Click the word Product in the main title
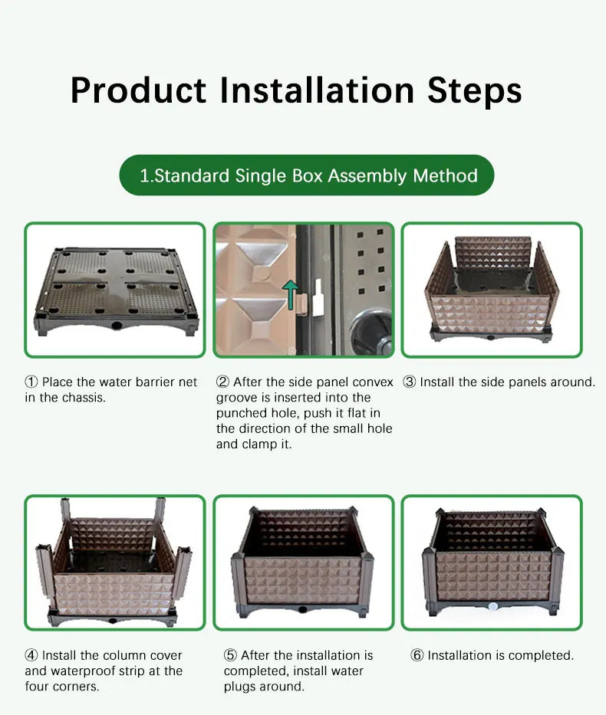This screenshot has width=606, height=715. tap(138, 90)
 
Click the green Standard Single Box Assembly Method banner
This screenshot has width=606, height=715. tap(307, 175)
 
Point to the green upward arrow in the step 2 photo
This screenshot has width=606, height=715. tap(291, 294)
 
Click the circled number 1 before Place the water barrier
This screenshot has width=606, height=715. tap(31, 382)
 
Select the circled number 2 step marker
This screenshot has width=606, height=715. tap(222, 382)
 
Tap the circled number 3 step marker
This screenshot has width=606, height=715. tap(410, 382)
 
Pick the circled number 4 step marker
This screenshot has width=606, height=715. tap(31, 655)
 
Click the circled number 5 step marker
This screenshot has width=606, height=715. tap(230, 655)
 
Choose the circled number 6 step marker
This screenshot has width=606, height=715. tap(417, 655)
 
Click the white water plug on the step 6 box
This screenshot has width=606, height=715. tap(492, 606)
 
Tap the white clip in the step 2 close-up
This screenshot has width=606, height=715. tap(318, 298)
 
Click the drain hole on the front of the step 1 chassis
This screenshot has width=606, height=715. tap(117, 325)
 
